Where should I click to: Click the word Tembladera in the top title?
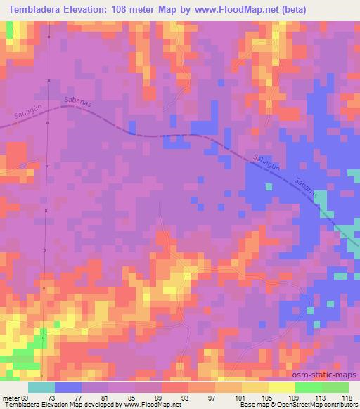click(36, 10)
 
